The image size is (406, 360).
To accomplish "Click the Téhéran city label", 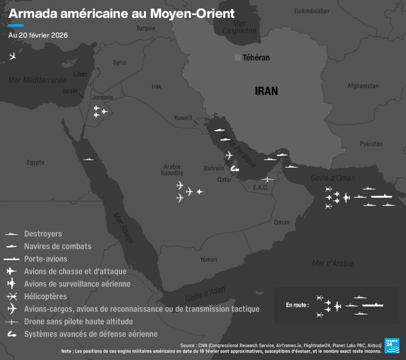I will [256, 58].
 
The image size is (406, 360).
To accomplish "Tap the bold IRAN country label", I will [266, 91].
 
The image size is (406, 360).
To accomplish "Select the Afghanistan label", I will [363, 86].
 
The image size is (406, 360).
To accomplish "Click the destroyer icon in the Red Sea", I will [88, 159].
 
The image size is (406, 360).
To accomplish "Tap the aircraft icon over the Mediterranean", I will [12, 56].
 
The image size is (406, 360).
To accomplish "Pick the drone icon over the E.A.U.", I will [267, 179].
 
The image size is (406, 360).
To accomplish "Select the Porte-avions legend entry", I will [46, 259].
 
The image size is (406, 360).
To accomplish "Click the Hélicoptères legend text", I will [46, 297].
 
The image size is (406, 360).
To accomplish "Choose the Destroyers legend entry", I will [43, 234].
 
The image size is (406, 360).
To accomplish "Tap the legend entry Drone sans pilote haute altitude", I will [78, 321].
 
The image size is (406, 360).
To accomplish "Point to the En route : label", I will [297, 305].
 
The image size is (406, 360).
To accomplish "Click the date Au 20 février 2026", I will [38, 35].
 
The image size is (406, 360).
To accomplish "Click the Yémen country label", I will [208, 259].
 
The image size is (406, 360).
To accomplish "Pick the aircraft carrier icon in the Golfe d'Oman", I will [381, 196].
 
